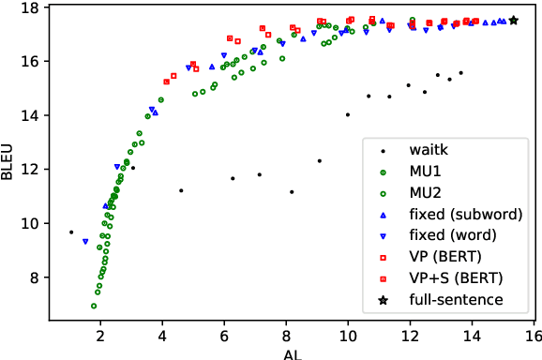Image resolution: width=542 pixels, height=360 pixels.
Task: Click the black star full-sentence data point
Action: (513, 20)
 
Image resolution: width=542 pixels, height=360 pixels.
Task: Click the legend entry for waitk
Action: (428, 149)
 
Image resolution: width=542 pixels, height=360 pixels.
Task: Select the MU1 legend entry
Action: (426, 171)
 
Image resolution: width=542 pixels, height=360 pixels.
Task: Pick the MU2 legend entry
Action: (426, 192)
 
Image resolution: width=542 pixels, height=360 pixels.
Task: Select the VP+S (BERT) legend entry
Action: (451, 278)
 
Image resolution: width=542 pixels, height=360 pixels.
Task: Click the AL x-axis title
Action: (292, 352)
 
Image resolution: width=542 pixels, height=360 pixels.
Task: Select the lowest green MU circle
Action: (94, 306)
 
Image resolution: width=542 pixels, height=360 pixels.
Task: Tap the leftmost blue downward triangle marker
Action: (85, 242)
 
